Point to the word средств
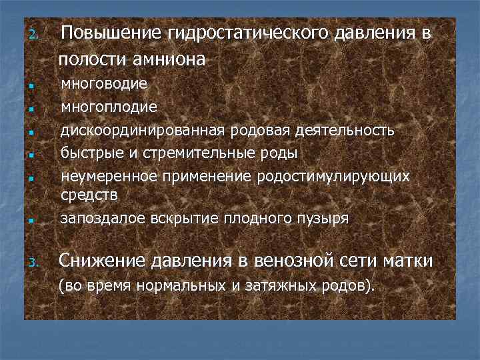click(89, 195)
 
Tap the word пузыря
click(326, 218)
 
